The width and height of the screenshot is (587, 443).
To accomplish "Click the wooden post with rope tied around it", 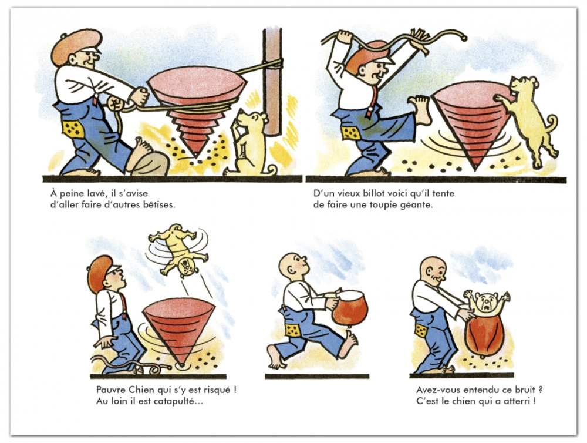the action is click(272, 80).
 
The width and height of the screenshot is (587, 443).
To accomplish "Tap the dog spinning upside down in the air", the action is click(178, 249).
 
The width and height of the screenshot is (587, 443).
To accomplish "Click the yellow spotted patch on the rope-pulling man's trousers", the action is click(73, 130).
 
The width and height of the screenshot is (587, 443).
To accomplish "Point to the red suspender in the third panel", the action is click(123, 304).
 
